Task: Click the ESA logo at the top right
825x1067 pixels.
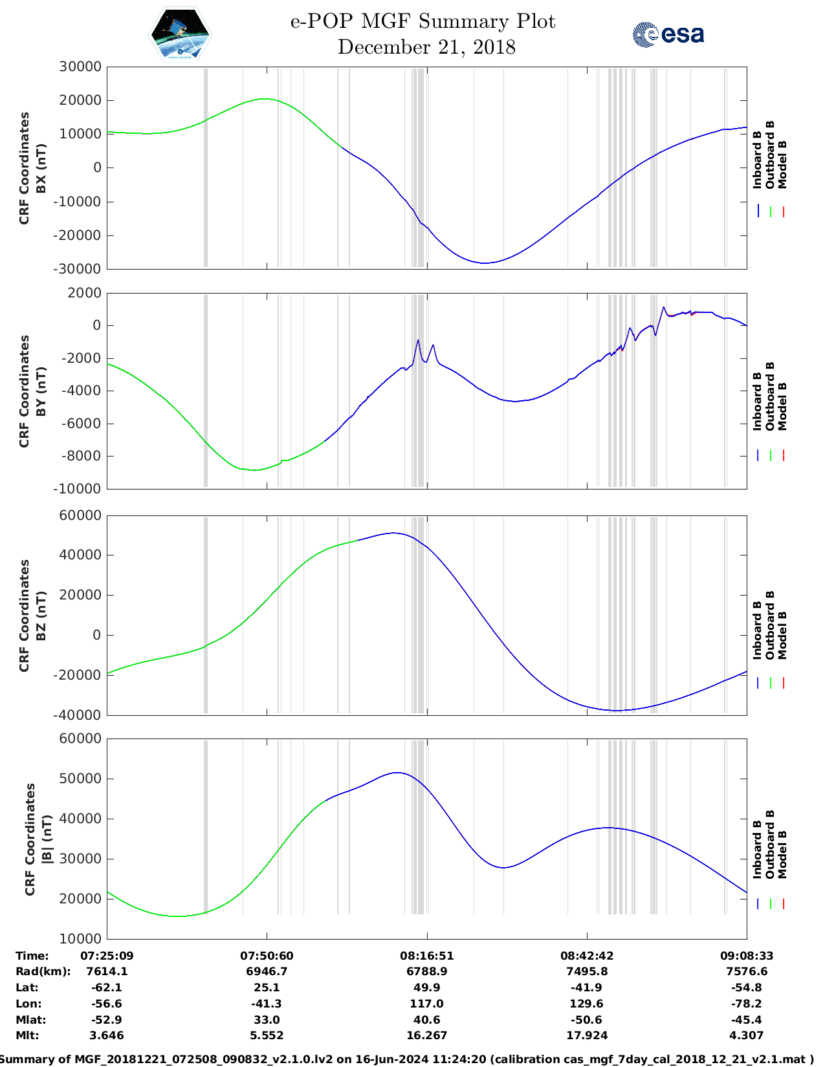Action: click(x=668, y=34)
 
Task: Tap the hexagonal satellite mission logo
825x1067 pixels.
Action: click(x=180, y=35)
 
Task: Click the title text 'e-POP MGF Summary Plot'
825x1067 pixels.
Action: click(x=423, y=21)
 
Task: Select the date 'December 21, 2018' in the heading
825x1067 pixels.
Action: click(x=426, y=47)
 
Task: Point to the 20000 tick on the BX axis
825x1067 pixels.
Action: click(x=80, y=100)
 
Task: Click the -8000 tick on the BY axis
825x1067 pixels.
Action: click(x=80, y=456)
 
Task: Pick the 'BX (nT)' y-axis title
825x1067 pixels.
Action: click(x=41, y=168)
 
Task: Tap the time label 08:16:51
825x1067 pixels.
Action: click(x=426, y=956)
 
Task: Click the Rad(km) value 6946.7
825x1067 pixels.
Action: click(x=267, y=971)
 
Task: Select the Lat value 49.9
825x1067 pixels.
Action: click(x=426, y=987)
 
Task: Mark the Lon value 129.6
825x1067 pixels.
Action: click(x=586, y=1004)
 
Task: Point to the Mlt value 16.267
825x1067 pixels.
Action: click(x=426, y=1035)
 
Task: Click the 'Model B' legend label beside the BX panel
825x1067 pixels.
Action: click(x=782, y=165)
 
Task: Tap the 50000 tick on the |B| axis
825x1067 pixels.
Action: click(x=80, y=779)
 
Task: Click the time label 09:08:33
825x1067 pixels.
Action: click(x=746, y=956)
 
